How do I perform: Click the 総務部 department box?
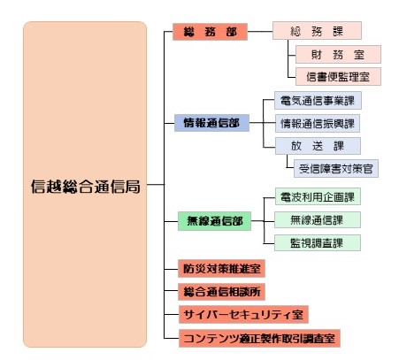click(210, 32)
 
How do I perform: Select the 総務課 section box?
click(317, 30)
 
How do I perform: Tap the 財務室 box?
click(338, 54)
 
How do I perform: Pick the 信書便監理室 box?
click(338, 77)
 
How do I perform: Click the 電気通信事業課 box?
click(318, 101)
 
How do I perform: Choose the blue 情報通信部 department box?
click(211, 123)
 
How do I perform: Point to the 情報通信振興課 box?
click(318, 123)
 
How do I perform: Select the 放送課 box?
click(318, 146)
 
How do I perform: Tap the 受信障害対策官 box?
click(336, 169)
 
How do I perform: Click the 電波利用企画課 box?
click(318, 196)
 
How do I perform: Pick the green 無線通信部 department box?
click(214, 221)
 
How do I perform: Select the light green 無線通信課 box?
click(318, 220)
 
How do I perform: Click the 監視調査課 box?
click(318, 243)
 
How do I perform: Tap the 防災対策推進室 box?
click(221, 269)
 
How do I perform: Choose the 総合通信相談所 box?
click(221, 292)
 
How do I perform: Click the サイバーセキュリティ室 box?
click(243, 315)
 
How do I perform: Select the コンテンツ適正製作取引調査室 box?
click(259, 339)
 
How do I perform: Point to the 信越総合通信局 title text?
click(85, 187)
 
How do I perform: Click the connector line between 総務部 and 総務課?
click(260, 31)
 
